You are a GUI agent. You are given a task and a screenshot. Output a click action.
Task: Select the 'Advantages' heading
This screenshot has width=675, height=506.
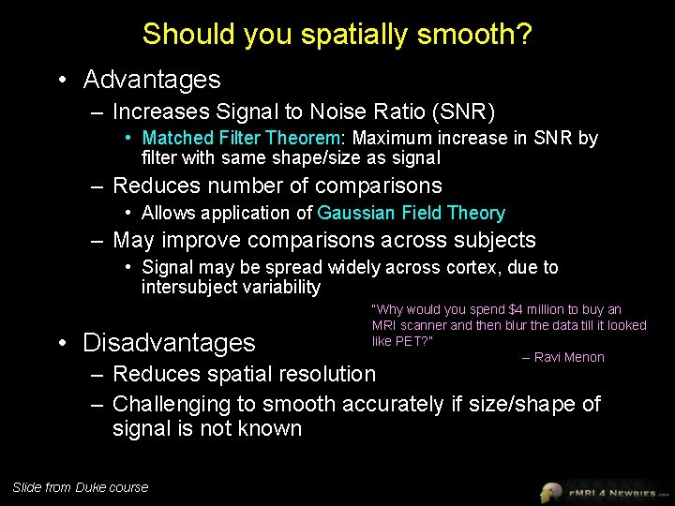152,80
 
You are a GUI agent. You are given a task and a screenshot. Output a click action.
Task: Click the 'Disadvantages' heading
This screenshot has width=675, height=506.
169,343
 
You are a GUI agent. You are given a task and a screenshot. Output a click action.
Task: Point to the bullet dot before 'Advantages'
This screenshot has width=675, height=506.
61,81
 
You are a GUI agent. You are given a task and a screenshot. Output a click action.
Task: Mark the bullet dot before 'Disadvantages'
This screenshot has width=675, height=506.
61,344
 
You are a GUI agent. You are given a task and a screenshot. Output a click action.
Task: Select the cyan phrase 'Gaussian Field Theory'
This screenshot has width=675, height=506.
412,214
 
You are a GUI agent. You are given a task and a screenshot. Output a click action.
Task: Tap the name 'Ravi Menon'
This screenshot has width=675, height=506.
568,357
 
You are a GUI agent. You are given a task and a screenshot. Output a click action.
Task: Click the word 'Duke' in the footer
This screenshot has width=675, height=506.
91,486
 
